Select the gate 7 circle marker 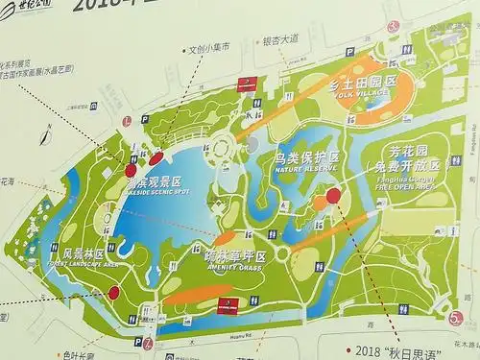(x=149, y=343)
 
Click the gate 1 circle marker (x=127, y=121)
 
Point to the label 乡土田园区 (x=363, y=84)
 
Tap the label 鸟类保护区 (x=307, y=156)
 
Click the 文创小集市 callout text (x=210, y=47)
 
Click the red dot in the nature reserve (x=333, y=196)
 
